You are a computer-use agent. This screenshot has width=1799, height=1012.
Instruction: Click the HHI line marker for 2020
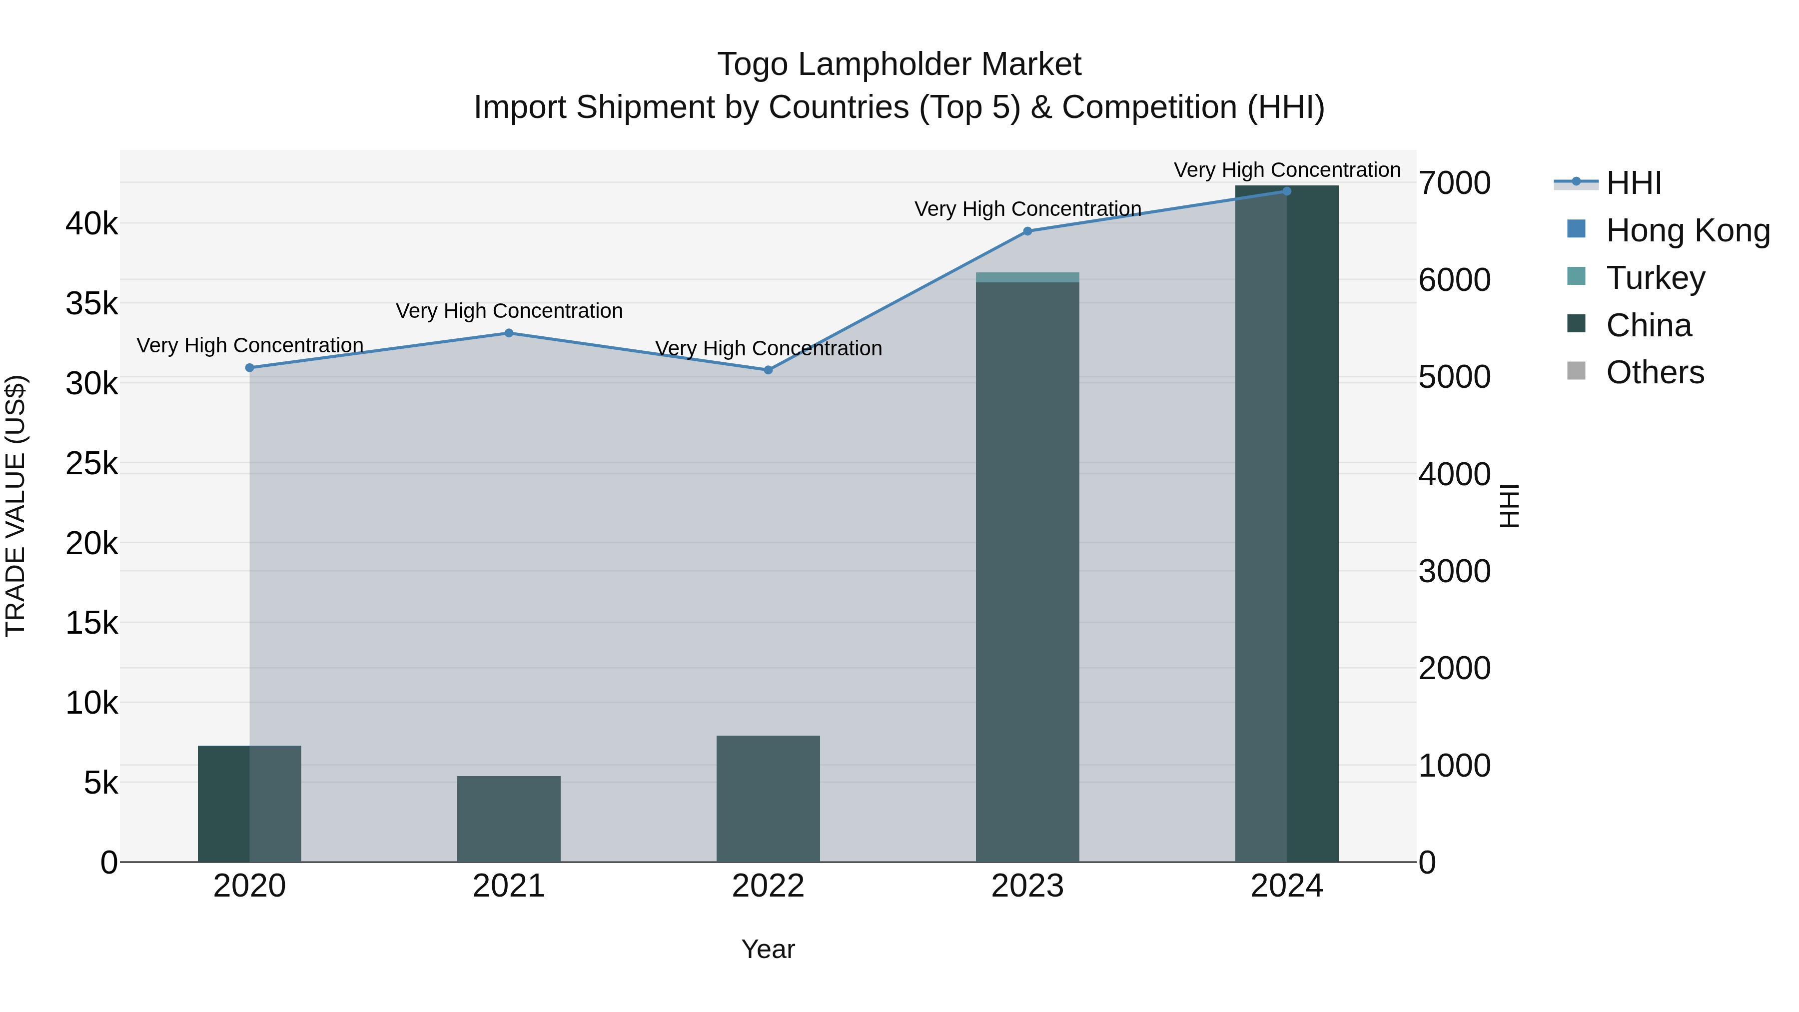point(249,367)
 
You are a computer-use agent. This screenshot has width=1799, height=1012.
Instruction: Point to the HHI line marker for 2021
point(508,333)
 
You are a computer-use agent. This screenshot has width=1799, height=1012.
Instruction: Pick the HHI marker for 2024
point(1286,191)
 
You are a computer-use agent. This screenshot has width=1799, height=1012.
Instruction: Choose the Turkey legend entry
point(1655,278)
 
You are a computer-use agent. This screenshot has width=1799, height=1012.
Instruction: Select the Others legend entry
point(1655,372)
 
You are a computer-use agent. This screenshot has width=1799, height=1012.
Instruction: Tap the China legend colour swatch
point(1576,323)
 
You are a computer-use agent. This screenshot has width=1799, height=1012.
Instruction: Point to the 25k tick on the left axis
point(91,463)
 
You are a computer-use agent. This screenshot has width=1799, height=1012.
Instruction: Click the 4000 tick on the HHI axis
point(1455,474)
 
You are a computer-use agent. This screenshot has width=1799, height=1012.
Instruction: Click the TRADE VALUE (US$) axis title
point(15,506)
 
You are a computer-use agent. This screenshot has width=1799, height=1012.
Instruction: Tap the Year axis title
point(768,949)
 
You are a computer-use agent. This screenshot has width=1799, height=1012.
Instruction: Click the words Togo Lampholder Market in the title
point(899,64)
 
